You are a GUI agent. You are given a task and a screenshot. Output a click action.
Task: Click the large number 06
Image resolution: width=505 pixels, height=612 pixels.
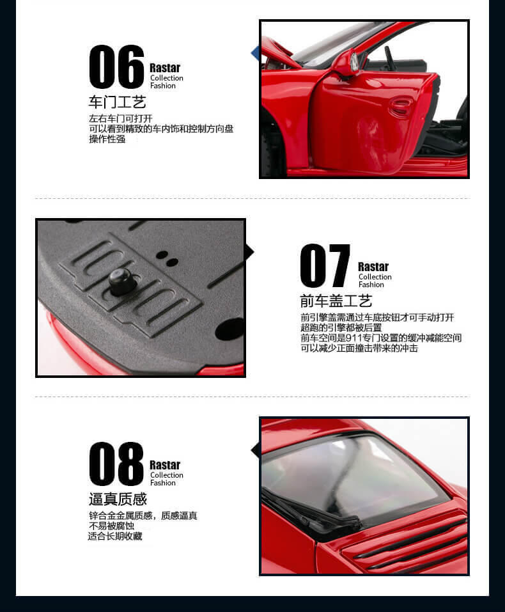point(117,67)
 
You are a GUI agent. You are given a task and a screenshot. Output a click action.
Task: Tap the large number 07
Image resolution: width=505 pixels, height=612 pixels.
point(325,265)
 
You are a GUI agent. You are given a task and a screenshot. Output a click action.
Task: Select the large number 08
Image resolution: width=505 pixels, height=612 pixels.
point(117,464)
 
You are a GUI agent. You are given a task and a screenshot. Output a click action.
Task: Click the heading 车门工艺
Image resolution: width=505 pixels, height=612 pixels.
point(117,102)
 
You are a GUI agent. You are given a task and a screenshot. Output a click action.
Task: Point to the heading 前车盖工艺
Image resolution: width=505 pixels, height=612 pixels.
point(336,301)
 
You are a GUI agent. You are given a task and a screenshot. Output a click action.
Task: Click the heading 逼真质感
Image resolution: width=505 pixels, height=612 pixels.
point(118,499)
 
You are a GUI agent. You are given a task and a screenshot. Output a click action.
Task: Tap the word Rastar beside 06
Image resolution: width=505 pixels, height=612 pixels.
point(165,68)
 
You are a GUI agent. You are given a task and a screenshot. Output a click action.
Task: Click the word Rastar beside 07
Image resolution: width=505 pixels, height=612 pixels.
point(373,267)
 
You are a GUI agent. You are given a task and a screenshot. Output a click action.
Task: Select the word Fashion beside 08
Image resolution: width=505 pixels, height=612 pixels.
point(163,483)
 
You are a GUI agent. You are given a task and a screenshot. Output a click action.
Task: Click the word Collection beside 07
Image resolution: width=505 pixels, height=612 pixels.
point(375,277)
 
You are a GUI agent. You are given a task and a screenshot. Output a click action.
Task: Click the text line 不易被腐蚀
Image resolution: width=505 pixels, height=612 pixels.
point(112,526)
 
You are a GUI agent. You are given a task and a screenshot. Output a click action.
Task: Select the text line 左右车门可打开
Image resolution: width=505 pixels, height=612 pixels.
point(121,119)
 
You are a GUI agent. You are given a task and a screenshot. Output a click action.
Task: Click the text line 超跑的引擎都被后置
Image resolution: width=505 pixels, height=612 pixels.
point(341,327)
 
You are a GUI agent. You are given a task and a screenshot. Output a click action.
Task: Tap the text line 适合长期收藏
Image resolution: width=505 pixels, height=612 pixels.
point(115,537)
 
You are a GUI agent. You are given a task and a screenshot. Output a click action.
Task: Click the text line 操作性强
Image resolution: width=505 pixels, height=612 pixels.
point(107,139)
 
